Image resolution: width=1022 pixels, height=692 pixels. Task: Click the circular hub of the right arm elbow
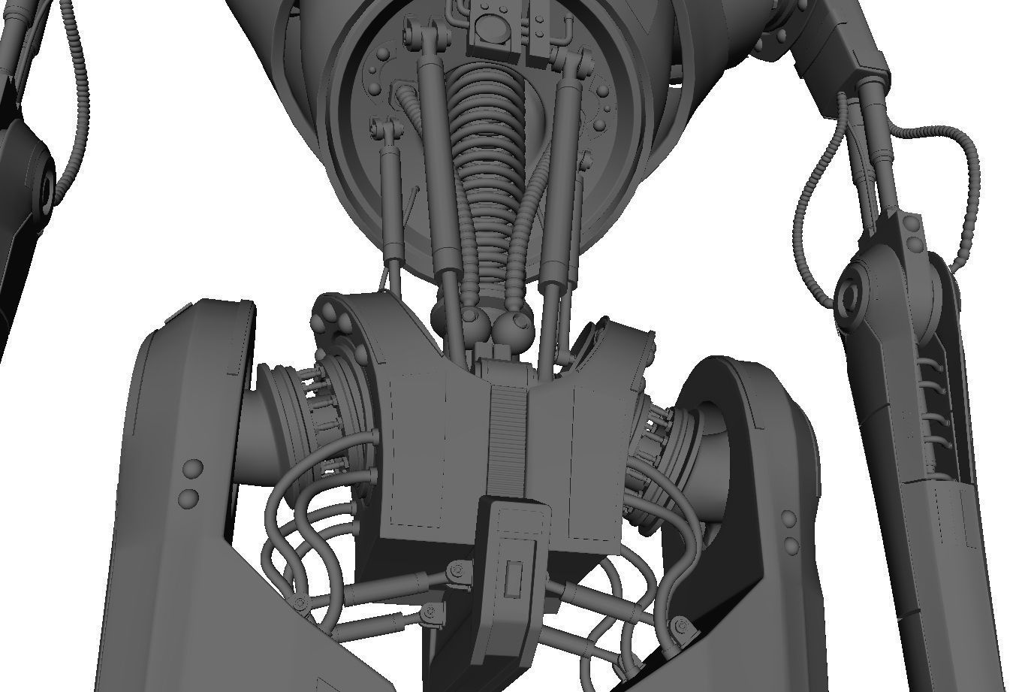tap(852, 291)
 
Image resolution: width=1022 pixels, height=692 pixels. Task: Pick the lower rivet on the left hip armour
tap(188, 497)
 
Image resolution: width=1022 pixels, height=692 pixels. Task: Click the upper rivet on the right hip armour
tap(789, 519)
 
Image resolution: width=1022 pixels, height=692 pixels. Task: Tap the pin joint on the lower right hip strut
tap(682, 624)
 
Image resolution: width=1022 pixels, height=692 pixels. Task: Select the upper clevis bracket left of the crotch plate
tap(456, 574)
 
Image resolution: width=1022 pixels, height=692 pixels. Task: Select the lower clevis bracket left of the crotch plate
tap(430, 615)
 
